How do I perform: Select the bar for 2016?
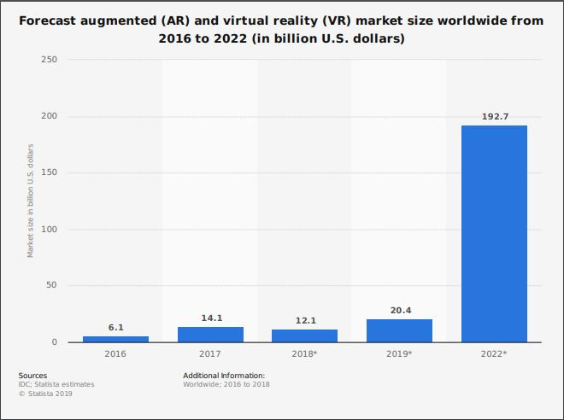115,339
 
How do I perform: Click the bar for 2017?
210,335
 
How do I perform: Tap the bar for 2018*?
304,335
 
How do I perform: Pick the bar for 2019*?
399,330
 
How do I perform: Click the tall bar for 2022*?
494,234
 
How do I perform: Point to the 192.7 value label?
494,116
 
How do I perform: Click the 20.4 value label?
399,311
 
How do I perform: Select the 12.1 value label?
304,320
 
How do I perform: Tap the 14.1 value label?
210,318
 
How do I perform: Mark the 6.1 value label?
115,327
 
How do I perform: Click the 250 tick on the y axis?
48,60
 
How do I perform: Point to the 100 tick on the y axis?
48,229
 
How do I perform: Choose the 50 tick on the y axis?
50,285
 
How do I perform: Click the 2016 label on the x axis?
115,353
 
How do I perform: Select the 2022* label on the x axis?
494,353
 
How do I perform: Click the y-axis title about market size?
30,201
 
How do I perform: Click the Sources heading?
32,376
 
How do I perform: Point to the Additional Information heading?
224,376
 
